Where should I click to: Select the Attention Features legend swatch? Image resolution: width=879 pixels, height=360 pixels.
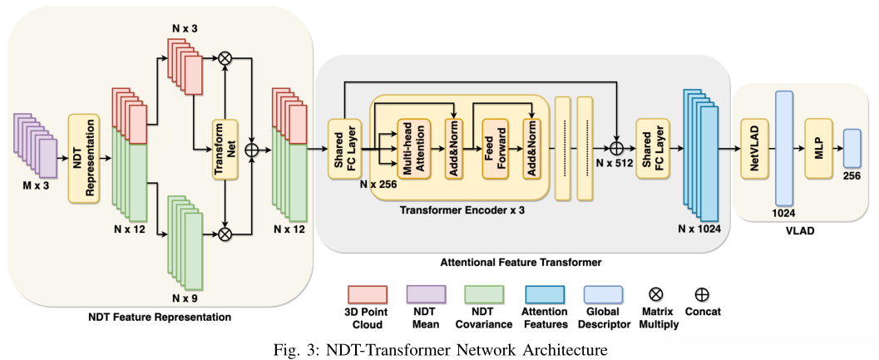pos(544,294)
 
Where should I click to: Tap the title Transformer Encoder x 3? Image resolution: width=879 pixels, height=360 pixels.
pos(462,211)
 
